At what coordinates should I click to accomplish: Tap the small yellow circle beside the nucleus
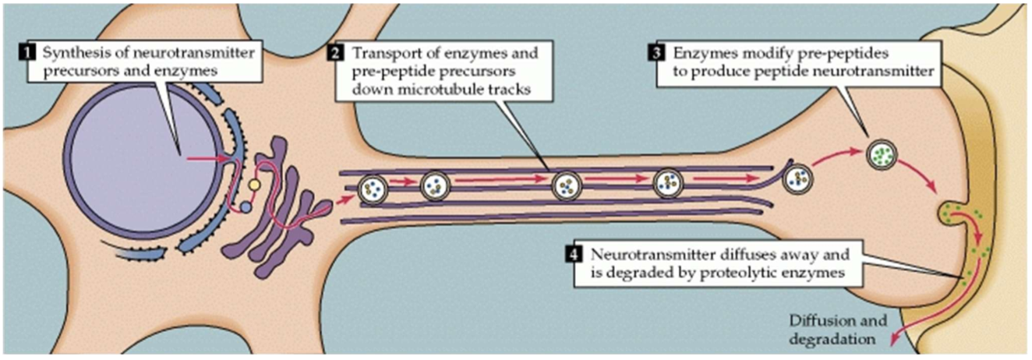253,185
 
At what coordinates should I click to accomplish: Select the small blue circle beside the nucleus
246,208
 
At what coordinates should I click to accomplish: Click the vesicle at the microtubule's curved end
797,178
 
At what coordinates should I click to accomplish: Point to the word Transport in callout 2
381,54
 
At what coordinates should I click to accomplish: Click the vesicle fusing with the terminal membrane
949,214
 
